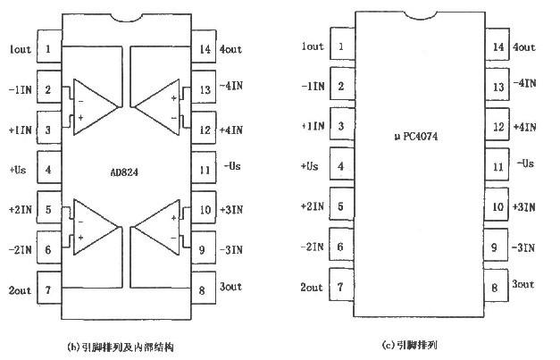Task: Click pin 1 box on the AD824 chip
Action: point(47,48)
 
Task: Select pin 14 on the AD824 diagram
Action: point(205,48)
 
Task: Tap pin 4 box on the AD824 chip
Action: point(47,167)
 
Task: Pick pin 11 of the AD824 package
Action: point(205,167)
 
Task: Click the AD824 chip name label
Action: point(125,167)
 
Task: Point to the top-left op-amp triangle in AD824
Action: point(94,107)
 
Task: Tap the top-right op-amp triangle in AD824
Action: point(158,107)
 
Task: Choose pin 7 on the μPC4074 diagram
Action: point(340,287)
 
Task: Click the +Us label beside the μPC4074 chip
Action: point(311,166)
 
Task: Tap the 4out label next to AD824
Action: point(230,48)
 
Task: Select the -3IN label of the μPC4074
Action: point(525,246)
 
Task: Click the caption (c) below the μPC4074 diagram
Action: point(412,344)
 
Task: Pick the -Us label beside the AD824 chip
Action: point(231,167)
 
